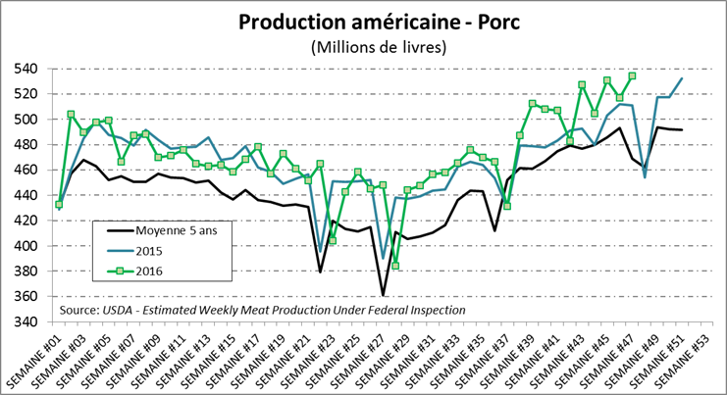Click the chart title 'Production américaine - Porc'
364,22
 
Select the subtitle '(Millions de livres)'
364,46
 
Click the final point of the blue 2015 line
682,78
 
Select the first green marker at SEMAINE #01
59,204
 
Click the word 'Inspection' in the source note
434,310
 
